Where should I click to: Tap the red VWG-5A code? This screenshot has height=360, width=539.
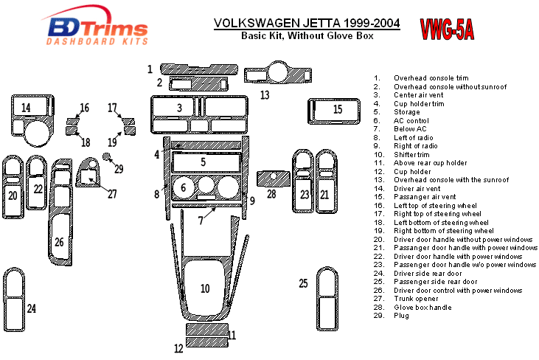(447, 30)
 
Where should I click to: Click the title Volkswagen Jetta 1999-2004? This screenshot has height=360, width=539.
(307, 23)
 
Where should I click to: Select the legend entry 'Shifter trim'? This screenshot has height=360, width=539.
(411, 155)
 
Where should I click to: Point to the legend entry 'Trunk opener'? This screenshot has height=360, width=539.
(416, 299)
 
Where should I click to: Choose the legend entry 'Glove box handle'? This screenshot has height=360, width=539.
(422, 308)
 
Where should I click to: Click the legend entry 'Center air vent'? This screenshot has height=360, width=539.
(418, 95)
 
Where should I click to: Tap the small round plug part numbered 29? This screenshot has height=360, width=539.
(107, 157)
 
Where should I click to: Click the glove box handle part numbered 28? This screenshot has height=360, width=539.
(274, 179)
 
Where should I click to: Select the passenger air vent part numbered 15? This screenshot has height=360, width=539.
(334, 111)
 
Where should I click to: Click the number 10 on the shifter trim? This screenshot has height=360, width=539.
(205, 288)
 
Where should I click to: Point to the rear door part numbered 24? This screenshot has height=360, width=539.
(14, 300)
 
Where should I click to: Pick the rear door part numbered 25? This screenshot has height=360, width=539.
(327, 299)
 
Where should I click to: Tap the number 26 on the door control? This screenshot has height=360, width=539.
(59, 242)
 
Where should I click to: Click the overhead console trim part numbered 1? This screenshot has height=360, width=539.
(199, 69)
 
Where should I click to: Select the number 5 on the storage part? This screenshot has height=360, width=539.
(204, 162)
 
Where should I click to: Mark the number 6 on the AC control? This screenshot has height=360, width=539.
(183, 187)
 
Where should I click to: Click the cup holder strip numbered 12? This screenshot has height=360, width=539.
(207, 342)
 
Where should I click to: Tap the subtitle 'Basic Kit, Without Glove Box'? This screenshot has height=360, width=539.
(307, 35)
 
